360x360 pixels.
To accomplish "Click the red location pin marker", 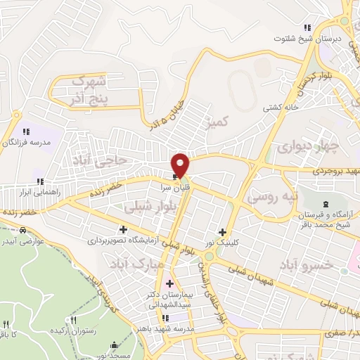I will [x=181, y=165].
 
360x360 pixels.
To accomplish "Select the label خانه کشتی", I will [x=277, y=108].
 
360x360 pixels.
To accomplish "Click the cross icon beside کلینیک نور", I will [x=222, y=233].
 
